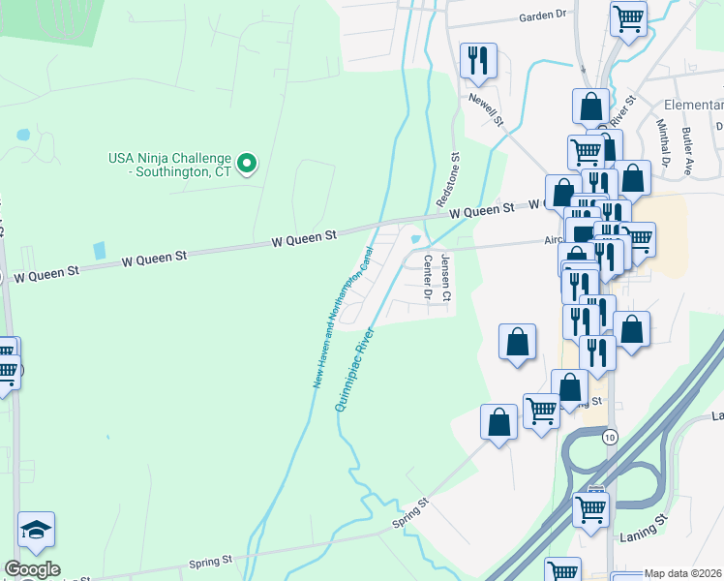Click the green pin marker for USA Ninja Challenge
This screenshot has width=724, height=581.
(247, 164)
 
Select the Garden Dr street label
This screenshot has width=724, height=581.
(542, 16)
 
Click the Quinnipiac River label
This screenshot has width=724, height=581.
(354, 370)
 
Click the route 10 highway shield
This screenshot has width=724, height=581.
(609, 438)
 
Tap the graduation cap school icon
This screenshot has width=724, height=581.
(36, 529)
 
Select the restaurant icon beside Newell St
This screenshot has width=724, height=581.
(478, 60)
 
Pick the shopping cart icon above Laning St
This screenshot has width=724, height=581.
(590, 507)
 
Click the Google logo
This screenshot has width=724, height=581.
(32, 569)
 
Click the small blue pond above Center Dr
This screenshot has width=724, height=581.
(416, 239)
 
